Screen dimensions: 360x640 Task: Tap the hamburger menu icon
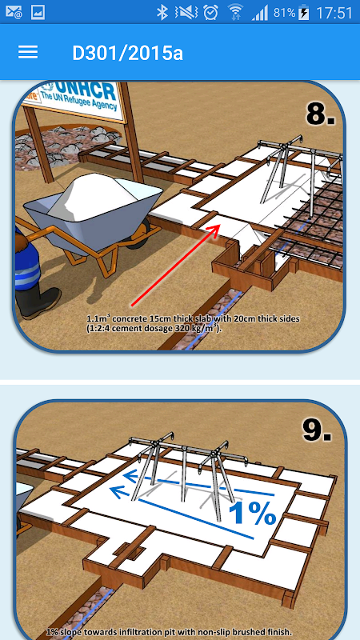(x=28, y=52)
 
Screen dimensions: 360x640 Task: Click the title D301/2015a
(x=128, y=53)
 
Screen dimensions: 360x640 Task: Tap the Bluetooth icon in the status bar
(x=162, y=13)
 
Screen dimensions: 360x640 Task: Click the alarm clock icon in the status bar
(x=210, y=13)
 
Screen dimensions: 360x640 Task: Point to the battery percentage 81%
(x=284, y=13)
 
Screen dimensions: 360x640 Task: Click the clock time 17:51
(x=334, y=13)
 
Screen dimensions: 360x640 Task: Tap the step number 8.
(x=321, y=112)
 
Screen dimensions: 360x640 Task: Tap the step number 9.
(x=317, y=429)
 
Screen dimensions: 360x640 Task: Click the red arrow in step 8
(x=176, y=265)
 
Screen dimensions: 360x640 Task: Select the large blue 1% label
(x=253, y=513)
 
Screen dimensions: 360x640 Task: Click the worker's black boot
(x=38, y=302)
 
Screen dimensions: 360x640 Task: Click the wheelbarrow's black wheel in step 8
(x=142, y=233)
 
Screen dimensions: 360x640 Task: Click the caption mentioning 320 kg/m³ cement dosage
(x=194, y=323)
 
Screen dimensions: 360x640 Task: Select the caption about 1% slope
(x=170, y=631)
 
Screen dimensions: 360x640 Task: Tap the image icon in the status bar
(x=37, y=13)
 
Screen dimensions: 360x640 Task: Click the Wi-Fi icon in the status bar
(x=235, y=13)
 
